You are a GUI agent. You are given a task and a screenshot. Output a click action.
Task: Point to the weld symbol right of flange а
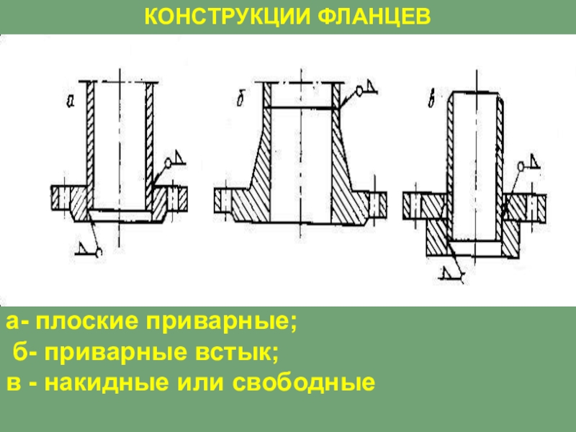[174, 161]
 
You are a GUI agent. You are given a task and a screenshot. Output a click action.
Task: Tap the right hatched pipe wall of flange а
[150, 137]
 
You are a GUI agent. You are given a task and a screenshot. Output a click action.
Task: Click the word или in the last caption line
[195, 382]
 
